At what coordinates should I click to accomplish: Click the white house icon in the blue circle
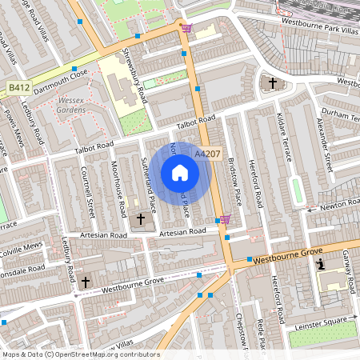(x=180, y=173)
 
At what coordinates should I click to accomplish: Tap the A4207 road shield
(x=206, y=154)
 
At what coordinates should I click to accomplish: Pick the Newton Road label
(x=338, y=206)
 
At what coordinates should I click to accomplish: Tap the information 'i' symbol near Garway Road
(x=321, y=264)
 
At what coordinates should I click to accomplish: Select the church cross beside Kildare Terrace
(x=272, y=82)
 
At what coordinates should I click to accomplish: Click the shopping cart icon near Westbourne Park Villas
(x=186, y=29)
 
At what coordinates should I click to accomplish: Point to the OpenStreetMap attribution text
(x=80, y=354)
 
